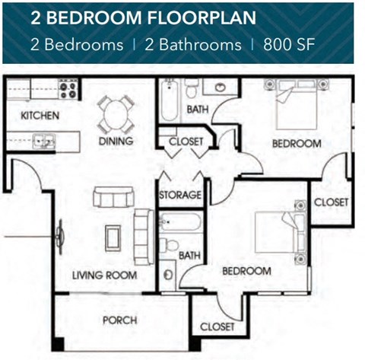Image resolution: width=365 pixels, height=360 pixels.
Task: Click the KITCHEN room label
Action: [35, 116]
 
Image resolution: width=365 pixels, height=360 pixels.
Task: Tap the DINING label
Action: [116, 141]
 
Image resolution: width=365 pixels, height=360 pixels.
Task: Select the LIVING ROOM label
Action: [105, 275]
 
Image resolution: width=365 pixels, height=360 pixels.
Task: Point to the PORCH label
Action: [119, 320]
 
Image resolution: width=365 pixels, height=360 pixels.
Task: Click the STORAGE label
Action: [180, 195]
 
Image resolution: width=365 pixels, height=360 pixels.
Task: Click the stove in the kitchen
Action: [68, 90]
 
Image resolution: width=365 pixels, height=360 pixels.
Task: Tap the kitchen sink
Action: [43, 140]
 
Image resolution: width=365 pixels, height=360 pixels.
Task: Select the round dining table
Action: [116, 114]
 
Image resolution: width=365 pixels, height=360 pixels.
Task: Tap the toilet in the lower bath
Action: [170, 244]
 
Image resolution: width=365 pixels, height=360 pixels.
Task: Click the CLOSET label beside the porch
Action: [217, 327]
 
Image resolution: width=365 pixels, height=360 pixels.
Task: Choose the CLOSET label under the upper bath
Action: [186, 142]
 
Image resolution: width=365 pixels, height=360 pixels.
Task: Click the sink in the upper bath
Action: [223, 85]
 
